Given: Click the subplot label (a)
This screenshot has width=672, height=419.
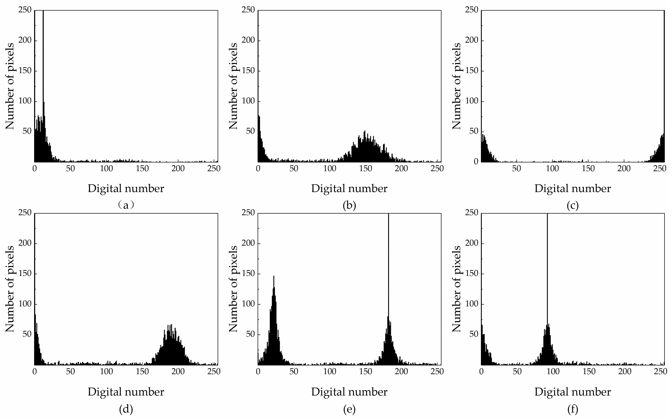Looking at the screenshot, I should pyautogui.click(x=126, y=205).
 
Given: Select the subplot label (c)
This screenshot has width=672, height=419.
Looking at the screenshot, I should pyautogui.click(x=573, y=205).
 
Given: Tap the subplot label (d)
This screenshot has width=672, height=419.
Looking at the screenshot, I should pyautogui.click(x=126, y=409).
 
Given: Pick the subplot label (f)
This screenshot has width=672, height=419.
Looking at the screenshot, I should pyautogui.click(x=573, y=409).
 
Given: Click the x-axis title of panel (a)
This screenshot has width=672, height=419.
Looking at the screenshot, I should pyautogui.click(x=126, y=189).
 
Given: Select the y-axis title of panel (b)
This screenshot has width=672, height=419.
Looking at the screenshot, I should pyautogui.click(x=233, y=86).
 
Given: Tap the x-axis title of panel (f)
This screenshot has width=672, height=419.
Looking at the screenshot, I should pyautogui.click(x=573, y=392).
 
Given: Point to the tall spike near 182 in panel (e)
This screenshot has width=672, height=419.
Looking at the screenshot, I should pyautogui.click(x=388, y=263).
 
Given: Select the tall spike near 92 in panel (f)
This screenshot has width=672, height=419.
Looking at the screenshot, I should pyautogui.click(x=547, y=263).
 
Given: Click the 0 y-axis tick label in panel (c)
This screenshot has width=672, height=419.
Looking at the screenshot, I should pyautogui.click(x=476, y=162).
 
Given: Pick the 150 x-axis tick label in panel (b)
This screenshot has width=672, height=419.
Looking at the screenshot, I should pyautogui.click(x=365, y=169).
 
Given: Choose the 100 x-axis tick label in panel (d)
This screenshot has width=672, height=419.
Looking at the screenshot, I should pyautogui.click(x=106, y=371).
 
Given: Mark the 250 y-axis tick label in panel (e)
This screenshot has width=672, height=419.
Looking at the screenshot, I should pyautogui.click(x=248, y=212).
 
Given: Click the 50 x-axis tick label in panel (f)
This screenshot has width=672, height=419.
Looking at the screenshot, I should pyautogui.click(x=517, y=371).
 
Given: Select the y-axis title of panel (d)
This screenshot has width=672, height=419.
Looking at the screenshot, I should pyautogui.click(x=10, y=289).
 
